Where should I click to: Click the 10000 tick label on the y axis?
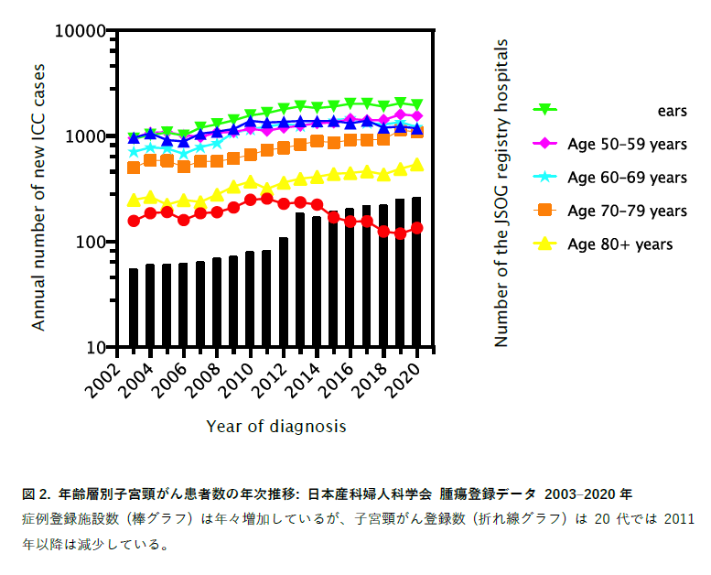(x=81, y=30)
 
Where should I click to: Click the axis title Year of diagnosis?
(x=275, y=426)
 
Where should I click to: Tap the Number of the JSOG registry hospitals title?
(x=501, y=192)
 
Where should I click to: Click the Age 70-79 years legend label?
(x=627, y=211)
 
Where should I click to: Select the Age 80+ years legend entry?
(x=619, y=244)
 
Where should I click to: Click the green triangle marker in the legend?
(x=545, y=110)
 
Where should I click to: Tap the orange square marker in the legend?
(x=545, y=211)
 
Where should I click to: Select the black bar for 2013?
(x=300, y=279)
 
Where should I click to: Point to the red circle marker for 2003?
(x=134, y=221)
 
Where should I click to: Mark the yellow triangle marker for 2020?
(x=416, y=165)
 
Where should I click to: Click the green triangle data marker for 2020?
(x=416, y=105)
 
